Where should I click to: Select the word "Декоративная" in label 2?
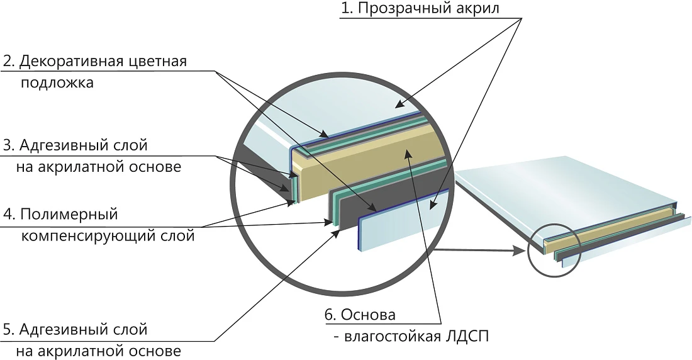(x=71, y=61)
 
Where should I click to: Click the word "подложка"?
(x=57, y=83)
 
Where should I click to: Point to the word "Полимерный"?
(x=69, y=215)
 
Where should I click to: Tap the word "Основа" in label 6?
(x=368, y=315)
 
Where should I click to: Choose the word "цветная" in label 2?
(x=157, y=61)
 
